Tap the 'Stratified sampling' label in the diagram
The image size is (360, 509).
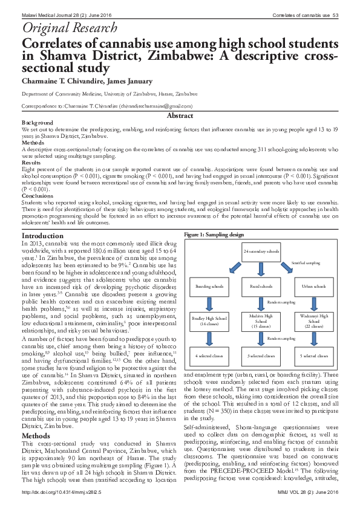pos(305,264)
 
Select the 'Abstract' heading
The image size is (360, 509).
pos(180,115)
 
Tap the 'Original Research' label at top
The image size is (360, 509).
pos(70,28)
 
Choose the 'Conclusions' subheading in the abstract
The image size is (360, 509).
pos(37,196)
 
